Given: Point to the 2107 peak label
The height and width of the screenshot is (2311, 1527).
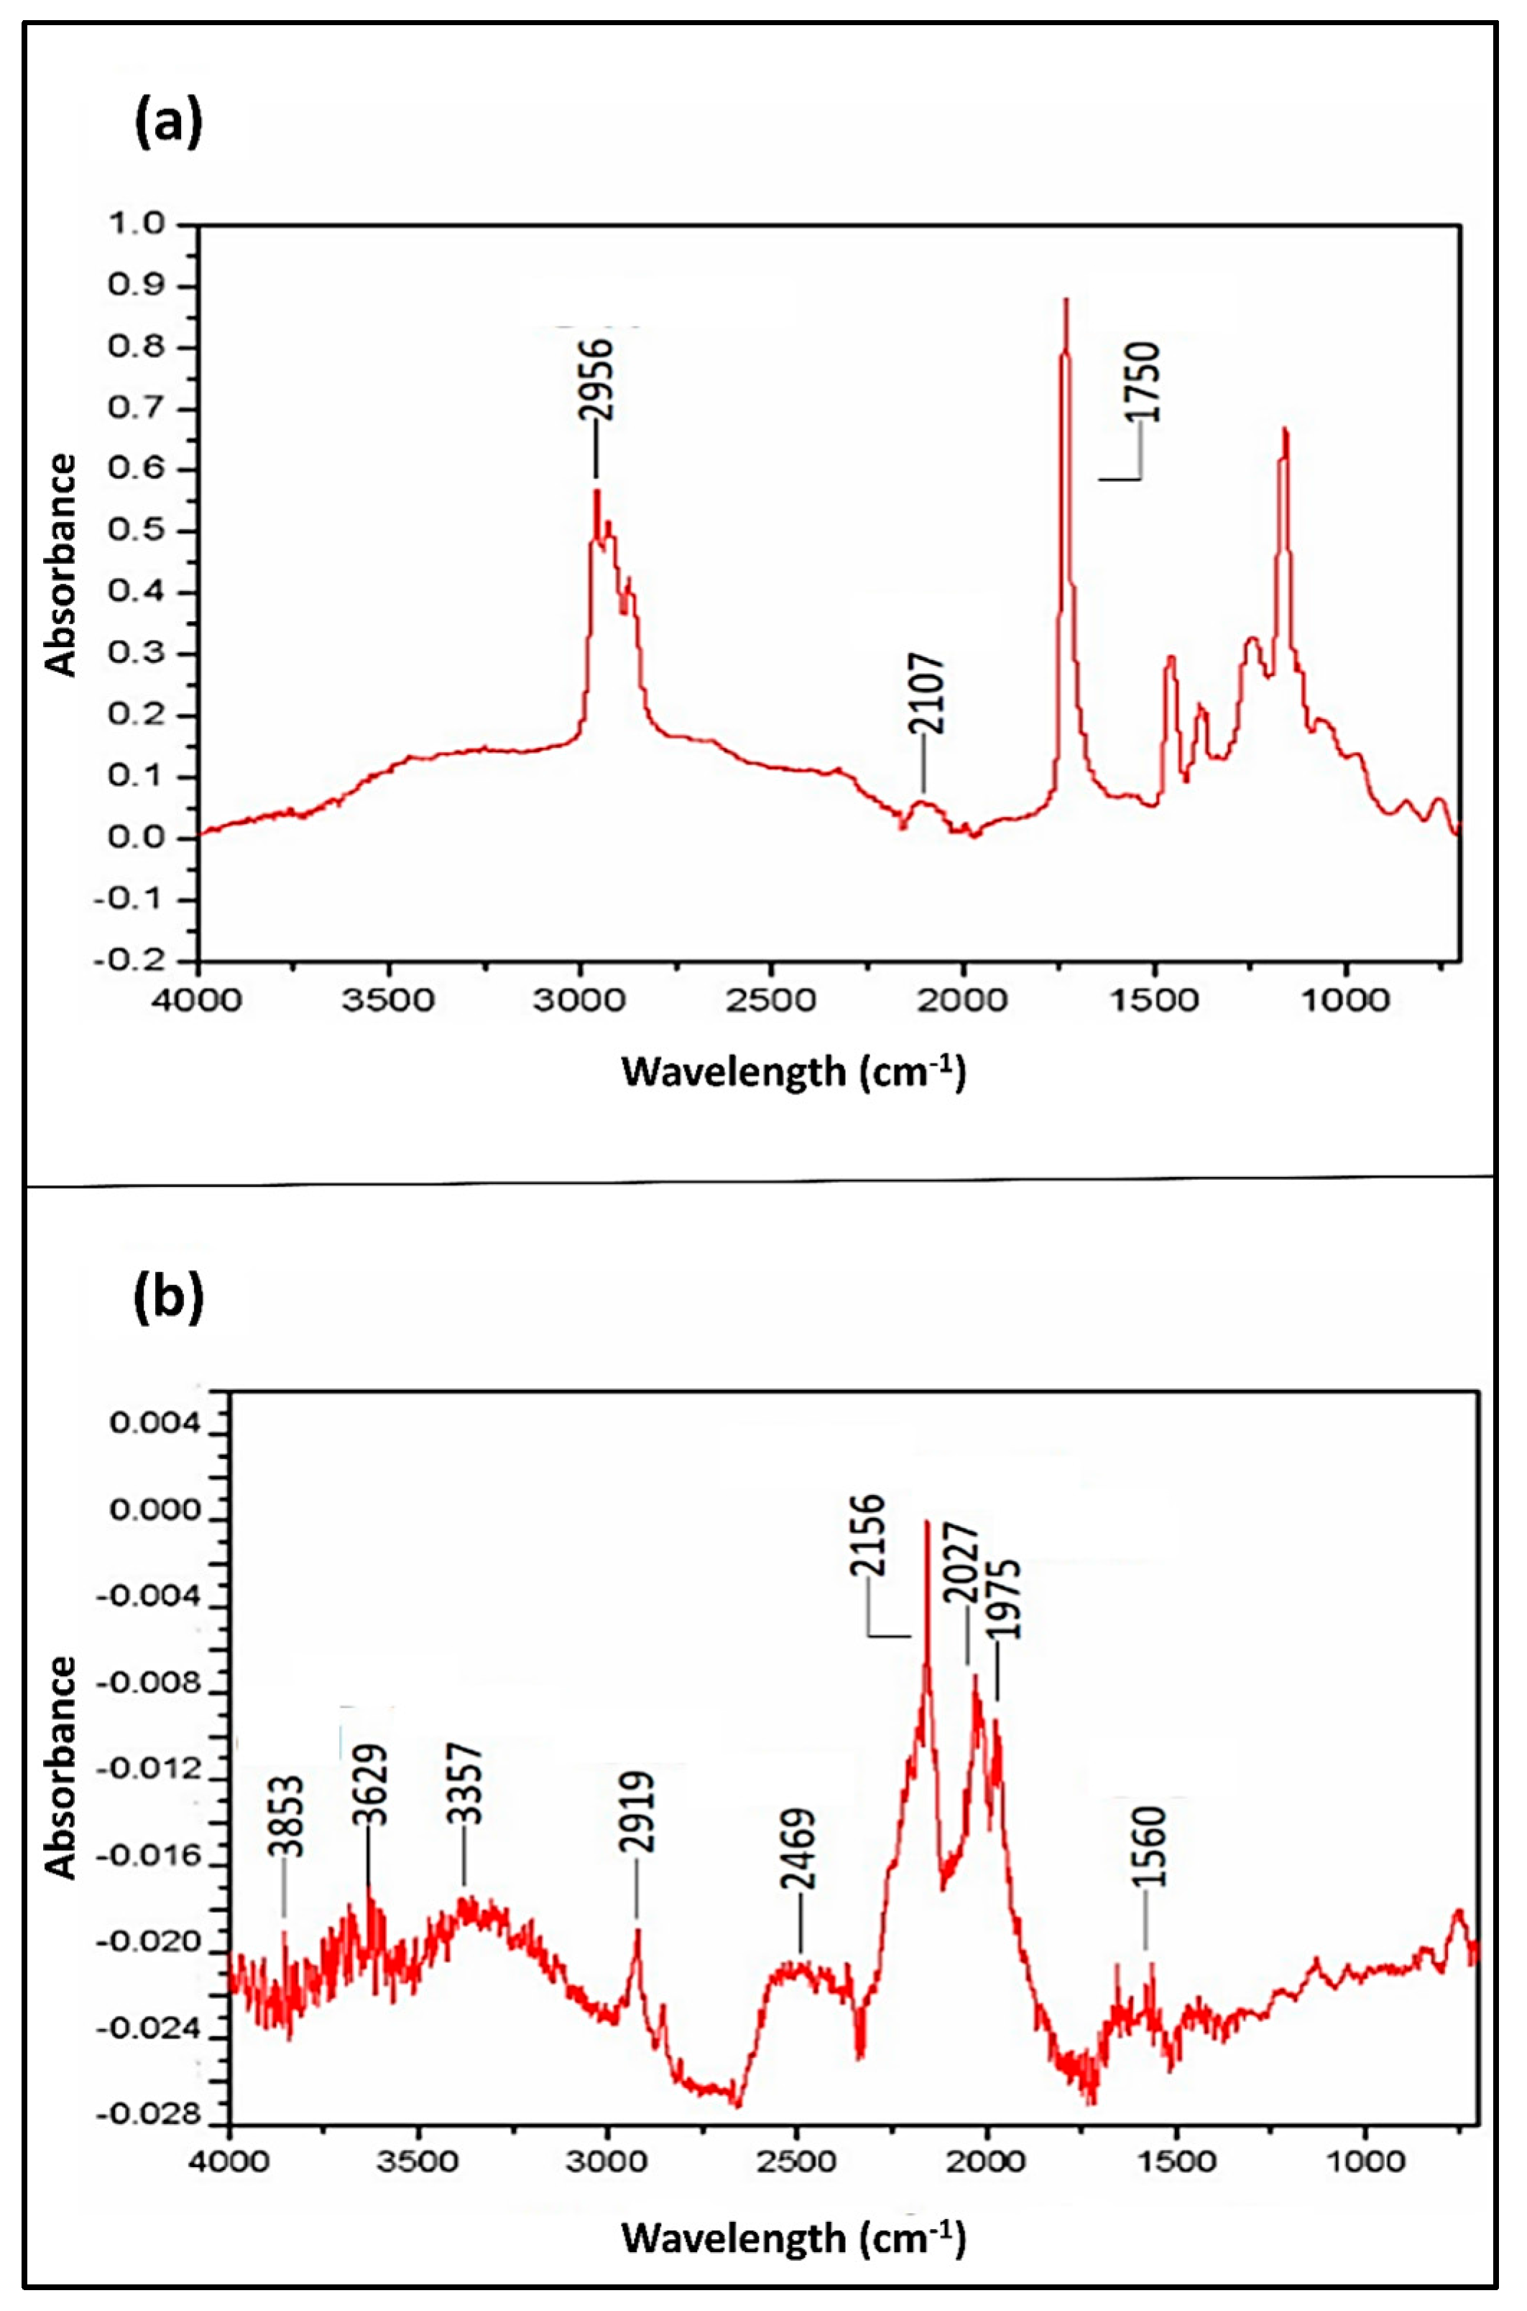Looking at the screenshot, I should (926, 694).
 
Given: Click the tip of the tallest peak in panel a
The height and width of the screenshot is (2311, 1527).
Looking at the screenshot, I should (1066, 300).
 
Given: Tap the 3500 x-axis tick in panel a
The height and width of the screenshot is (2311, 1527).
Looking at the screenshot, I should (389, 1001).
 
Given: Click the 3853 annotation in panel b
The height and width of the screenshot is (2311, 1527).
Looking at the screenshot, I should (287, 1818).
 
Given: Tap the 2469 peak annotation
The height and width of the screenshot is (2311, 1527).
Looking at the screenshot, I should (800, 1850).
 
